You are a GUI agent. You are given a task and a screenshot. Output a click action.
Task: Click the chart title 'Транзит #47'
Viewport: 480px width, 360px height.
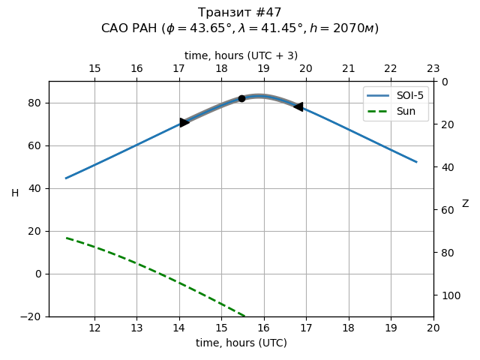pyautogui.click(x=240, y=13)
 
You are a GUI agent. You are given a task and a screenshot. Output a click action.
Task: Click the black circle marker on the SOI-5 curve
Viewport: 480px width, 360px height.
pyautogui.click(x=241, y=98)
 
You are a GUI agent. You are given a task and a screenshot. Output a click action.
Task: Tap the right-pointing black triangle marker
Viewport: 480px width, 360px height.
pyautogui.click(x=184, y=122)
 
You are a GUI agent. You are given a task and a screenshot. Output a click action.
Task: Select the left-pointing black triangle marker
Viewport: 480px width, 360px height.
pyautogui.click(x=298, y=107)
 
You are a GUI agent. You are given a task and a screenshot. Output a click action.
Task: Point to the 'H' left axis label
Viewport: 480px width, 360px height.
pyautogui.click(x=15, y=193)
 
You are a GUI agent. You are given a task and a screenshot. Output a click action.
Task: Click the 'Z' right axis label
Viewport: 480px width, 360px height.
pyautogui.click(x=465, y=204)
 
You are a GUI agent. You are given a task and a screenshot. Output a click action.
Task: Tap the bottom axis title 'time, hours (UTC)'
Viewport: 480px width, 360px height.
pyautogui.click(x=241, y=343)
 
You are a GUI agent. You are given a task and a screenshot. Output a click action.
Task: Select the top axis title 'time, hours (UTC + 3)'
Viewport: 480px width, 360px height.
pyautogui.click(x=241, y=55)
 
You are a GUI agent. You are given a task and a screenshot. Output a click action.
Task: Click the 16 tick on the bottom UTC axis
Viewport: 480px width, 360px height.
pyautogui.click(x=264, y=328)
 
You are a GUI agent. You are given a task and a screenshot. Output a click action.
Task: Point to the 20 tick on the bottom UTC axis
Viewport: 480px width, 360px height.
pyautogui.click(x=433, y=328)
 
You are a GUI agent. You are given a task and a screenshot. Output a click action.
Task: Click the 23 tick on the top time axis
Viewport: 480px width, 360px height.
pyautogui.click(x=433, y=69)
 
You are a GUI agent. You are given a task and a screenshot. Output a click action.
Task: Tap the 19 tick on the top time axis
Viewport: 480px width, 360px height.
pyautogui.click(x=264, y=69)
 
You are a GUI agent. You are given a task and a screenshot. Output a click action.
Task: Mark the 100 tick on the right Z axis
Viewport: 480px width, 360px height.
pyautogui.click(x=448, y=295)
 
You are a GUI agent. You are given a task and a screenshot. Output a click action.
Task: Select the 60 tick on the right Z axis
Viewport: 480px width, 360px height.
pyautogui.click(x=445, y=210)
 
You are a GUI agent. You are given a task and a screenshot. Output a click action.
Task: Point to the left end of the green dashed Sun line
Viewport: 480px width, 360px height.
pyautogui.click(x=66, y=238)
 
